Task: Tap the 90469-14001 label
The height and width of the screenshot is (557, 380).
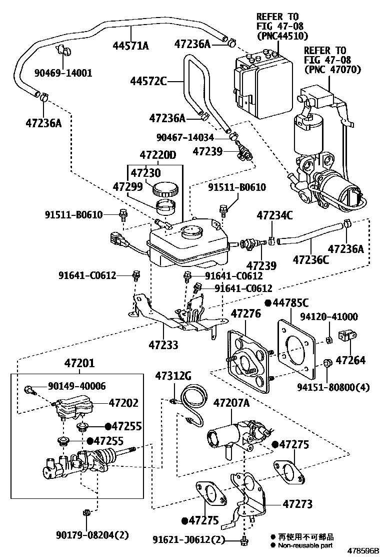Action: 63,73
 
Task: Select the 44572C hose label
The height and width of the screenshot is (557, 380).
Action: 148,80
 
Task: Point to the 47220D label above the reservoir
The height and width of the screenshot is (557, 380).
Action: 158,155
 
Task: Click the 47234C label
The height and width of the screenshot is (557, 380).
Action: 275,216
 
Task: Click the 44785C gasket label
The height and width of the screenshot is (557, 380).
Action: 290,303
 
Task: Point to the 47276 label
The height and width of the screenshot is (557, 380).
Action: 245,314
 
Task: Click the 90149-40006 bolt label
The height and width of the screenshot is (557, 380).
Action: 77,386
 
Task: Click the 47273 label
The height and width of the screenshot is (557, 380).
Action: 297,503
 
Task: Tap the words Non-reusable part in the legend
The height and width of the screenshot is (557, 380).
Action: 305,545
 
